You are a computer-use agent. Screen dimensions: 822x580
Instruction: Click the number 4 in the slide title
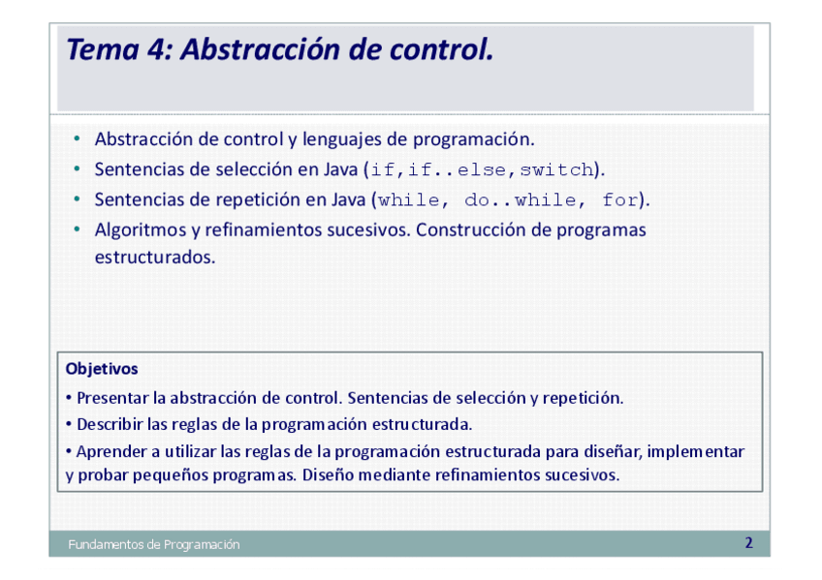(x=156, y=49)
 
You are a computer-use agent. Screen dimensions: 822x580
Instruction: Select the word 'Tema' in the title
(x=103, y=49)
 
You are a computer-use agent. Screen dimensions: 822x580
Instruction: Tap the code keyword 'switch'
(x=556, y=170)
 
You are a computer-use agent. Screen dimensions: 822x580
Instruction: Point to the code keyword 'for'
(x=620, y=200)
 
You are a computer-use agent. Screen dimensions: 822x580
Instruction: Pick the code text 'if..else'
(x=458, y=170)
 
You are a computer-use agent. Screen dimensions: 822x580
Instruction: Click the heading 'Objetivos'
(x=102, y=369)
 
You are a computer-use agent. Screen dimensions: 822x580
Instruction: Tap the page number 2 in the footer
(x=748, y=543)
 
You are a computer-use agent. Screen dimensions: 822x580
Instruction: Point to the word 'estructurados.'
(x=155, y=258)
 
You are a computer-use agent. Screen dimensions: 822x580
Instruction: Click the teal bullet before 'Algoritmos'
(x=78, y=229)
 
